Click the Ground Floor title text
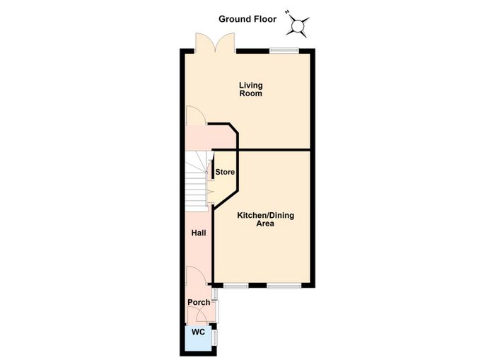[x=248, y=19]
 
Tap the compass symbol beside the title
[x=298, y=25]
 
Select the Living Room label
[x=250, y=89]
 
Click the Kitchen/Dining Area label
[x=265, y=219]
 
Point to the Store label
[x=225, y=172]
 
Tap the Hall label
[x=199, y=233]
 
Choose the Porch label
[x=199, y=302]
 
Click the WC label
[x=198, y=332]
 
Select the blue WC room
[x=198, y=338]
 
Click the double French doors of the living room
[x=215, y=42]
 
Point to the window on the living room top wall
[x=284, y=50]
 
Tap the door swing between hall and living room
[x=196, y=115]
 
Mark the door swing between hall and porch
[x=196, y=275]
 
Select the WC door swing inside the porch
[x=201, y=315]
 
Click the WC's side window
[x=215, y=338]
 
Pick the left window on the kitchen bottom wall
[x=235, y=286]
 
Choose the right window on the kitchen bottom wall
[x=284, y=286]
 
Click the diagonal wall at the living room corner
[x=233, y=129]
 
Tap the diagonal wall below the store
[x=226, y=198]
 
